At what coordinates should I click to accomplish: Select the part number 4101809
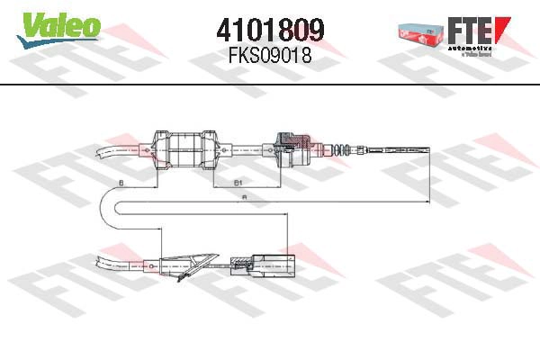coord(270,31)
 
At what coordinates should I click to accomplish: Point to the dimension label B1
coord(238,183)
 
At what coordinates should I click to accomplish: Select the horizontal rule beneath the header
coord(270,84)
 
